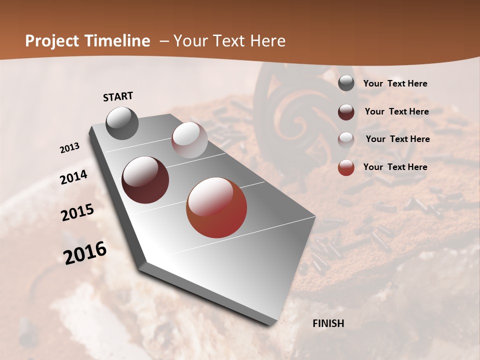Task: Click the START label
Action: tap(118, 96)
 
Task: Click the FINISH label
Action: tap(328, 323)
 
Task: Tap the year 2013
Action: tap(70, 148)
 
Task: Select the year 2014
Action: tap(73, 177)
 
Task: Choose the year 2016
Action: tap(85, 252)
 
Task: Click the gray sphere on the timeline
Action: tap(122, 123)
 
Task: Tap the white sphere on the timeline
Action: tap(189, 140)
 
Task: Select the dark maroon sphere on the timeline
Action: tap(145, 180)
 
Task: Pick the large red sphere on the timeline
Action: tap(216, 207)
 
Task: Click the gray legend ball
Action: tap(346, 83)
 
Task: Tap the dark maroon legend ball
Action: tap(346, 112)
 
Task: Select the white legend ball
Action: tap(346, 140)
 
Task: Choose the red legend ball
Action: tap(346, 167)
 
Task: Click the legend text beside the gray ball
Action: tap(395, 84)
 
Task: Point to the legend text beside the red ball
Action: tap(395, 167)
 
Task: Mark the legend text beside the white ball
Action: tap(397, 139)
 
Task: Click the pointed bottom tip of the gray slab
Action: tap(272, 324)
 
